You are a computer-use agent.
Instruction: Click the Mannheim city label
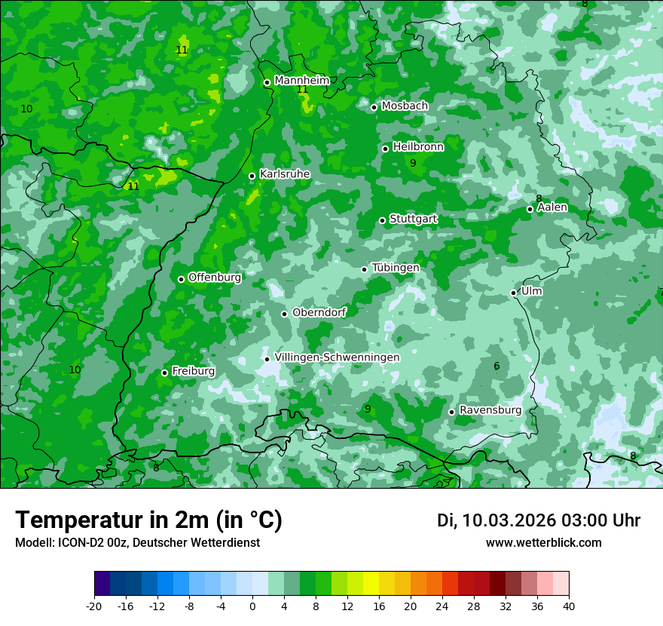point(301,81)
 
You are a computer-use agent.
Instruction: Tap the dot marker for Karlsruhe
point(252,176)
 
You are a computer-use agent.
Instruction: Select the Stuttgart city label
point(413,219)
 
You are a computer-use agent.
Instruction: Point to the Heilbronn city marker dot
point(385,149)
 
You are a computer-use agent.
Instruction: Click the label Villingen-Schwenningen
point(337,357)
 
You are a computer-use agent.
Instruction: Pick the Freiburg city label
point(193,371)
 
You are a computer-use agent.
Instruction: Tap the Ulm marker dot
point(513,293)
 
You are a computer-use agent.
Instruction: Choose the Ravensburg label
point(490,410)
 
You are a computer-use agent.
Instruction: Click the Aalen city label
point(552,207)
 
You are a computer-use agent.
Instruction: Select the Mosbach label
point(404,106)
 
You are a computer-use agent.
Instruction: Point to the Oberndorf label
point(319,312)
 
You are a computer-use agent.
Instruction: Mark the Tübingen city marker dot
point(364,269)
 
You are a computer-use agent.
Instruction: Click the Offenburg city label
point(215,278)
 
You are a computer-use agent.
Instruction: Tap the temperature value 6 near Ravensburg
point(496,367)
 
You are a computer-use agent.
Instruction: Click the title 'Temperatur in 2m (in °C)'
point(148,520)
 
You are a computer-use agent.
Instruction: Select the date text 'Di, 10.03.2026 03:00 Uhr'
point(539,520)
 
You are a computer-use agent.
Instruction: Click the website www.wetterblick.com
point(543,542)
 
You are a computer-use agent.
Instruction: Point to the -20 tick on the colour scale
point(94,606)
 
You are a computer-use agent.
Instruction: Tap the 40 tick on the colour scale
point(568,606)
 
